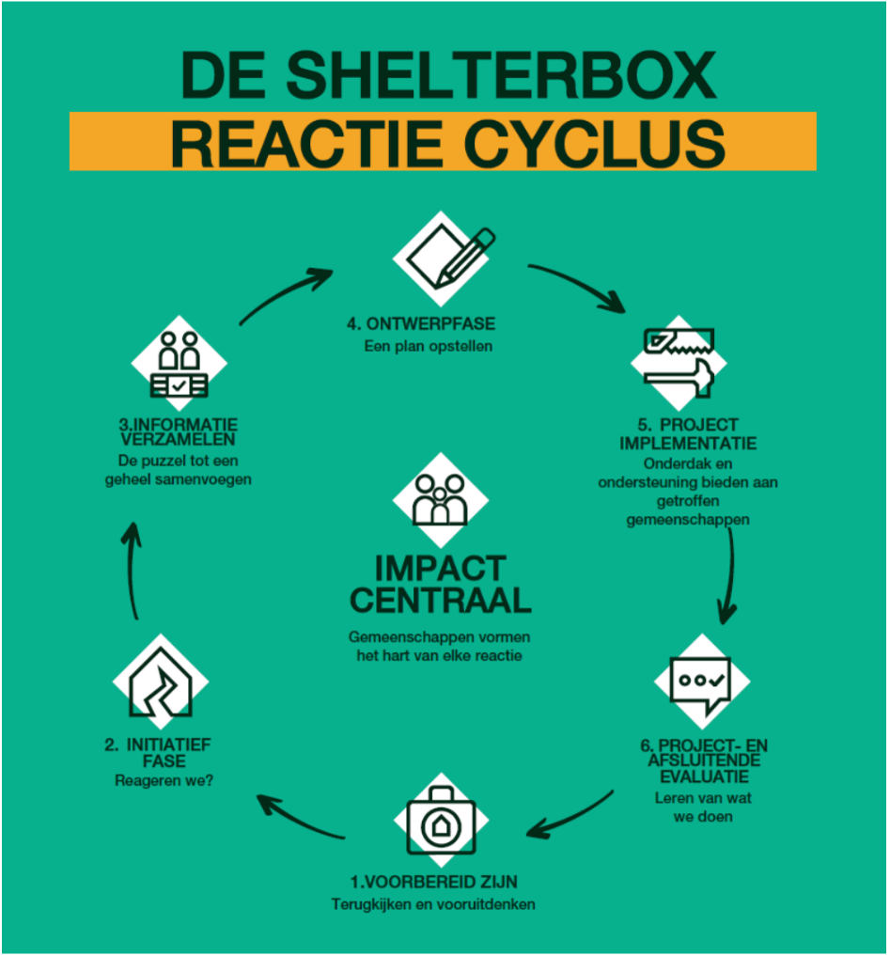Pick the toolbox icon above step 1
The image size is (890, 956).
pos(441,820)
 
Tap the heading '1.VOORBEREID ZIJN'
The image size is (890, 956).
pos(433,882)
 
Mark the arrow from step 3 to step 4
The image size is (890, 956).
pos(285,294)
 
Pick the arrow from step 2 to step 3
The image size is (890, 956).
pos(133,569)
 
